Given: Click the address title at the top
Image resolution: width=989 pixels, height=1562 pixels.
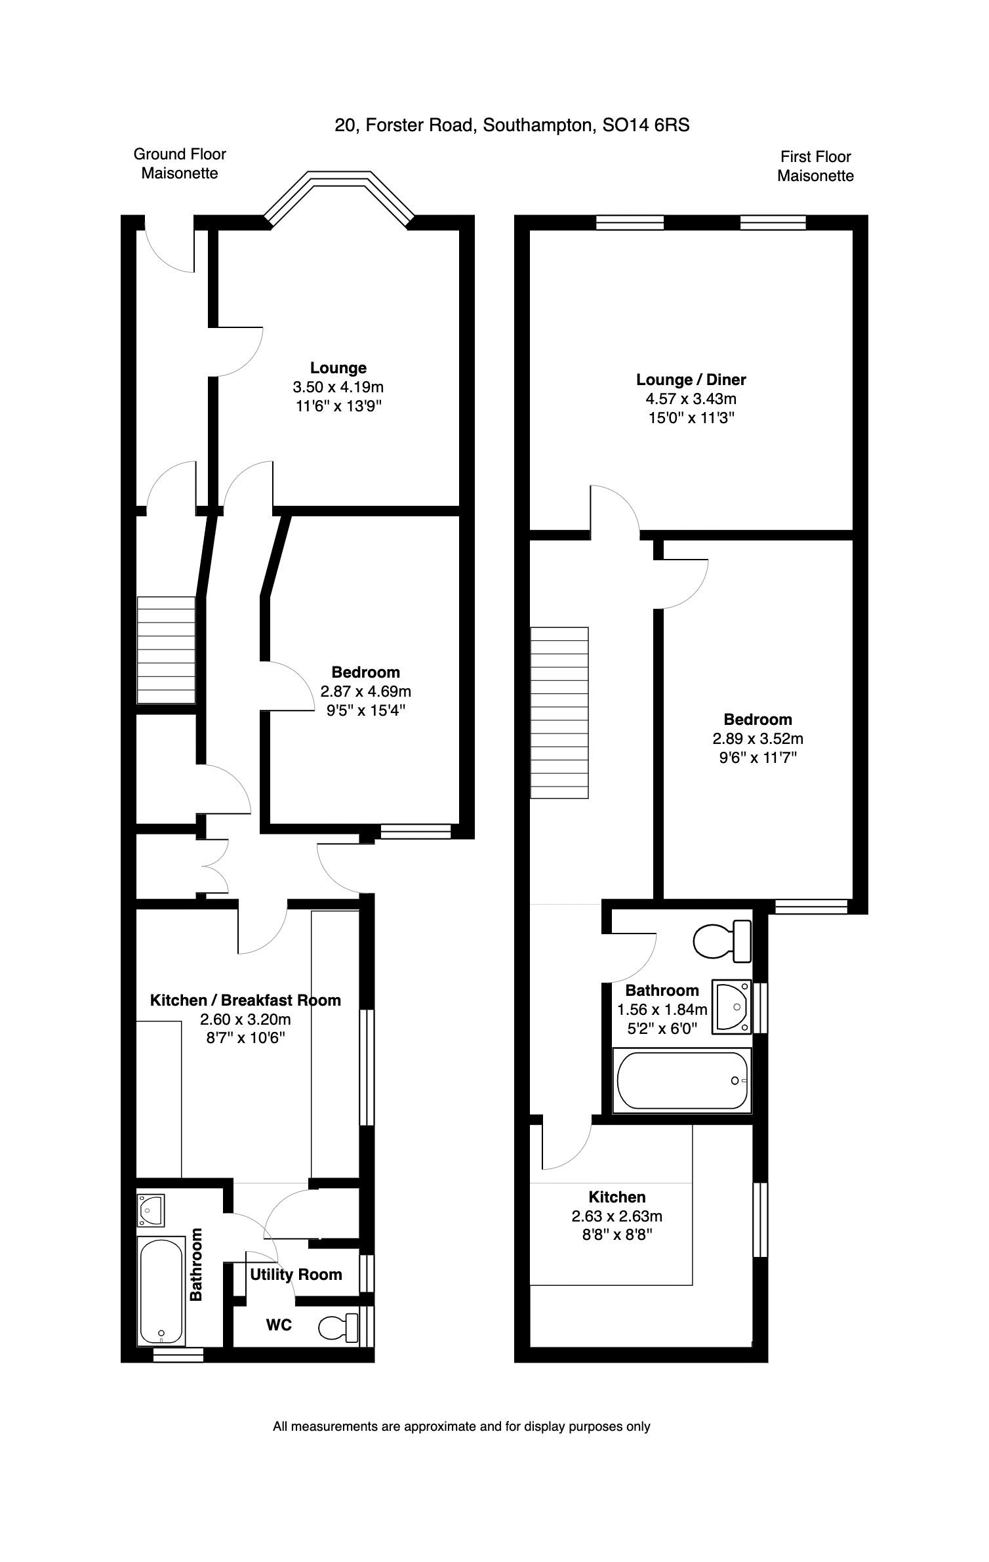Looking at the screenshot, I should point(512,125).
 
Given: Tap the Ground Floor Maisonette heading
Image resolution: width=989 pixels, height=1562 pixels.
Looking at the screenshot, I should point(180,163).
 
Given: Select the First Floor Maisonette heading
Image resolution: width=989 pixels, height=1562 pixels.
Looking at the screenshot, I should point(815,166).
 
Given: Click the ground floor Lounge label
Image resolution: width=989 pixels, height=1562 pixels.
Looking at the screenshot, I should point(338,368).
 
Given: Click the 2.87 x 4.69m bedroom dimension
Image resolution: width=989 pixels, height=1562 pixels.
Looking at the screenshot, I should point(365,691).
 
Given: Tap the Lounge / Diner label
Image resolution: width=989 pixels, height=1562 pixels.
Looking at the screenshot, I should point(691,379).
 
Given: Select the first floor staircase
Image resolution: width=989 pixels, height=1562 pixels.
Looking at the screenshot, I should point(559,712).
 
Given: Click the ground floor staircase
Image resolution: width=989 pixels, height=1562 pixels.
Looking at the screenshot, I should point(166,650).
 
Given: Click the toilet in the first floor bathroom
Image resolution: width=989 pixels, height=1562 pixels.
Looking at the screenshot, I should point(722,941).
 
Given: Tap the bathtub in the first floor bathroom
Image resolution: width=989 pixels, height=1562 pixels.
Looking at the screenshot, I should point(682,1079).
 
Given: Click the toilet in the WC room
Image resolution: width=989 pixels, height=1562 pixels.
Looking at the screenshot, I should point(339,1328).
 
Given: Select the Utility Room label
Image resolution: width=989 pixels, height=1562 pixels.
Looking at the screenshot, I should point(296,1274).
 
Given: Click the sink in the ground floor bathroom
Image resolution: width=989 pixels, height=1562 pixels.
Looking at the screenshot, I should point(151,1210).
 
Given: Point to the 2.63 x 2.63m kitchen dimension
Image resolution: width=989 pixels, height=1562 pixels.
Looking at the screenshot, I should point(616,1216).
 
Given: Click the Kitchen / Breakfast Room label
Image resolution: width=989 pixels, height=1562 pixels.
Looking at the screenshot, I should point(245,1000).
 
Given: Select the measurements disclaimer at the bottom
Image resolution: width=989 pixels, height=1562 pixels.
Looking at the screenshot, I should point(461,1426).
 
